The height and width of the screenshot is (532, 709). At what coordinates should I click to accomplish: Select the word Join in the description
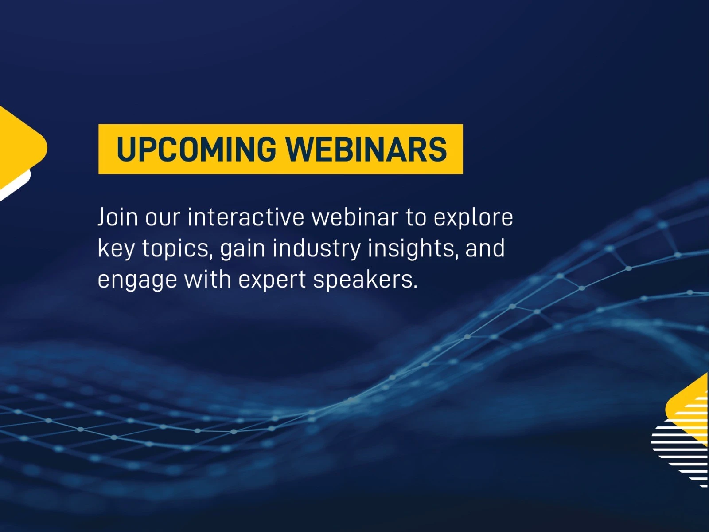tap(117, 217)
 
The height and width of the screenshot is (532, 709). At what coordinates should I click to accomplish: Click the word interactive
tap(246, 217)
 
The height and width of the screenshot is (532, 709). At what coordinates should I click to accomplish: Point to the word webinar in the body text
tap(354, 217)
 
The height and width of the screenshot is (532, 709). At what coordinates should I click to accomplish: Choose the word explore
tap(473, 218)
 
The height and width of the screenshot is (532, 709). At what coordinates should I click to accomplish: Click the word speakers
tap(365, 280)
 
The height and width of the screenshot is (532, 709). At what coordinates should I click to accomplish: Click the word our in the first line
tap(163, 219)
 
